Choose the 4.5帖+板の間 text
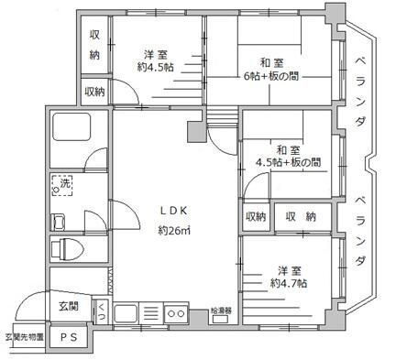(287, 162)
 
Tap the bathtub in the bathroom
(71, 132)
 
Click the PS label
(69, 336)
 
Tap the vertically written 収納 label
(94, 42)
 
